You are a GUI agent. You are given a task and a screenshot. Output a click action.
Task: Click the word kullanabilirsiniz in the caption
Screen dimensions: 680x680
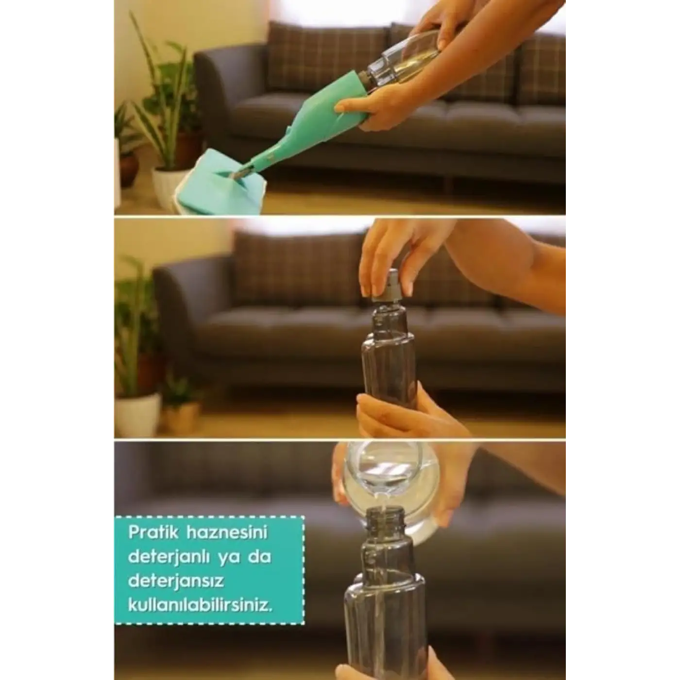tap(201, 606)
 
